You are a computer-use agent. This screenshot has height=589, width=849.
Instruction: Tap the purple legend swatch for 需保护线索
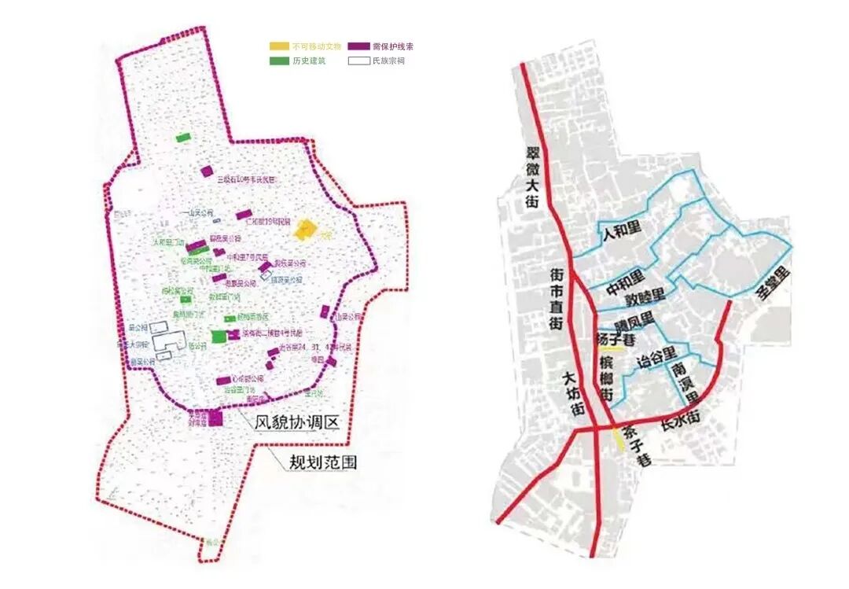360,47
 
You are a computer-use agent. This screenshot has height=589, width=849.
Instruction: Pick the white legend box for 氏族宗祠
360,61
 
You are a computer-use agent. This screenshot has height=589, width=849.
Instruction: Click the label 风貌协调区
297,422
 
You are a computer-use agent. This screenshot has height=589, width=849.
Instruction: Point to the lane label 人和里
621,234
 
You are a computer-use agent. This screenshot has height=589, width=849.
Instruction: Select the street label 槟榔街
606,378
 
